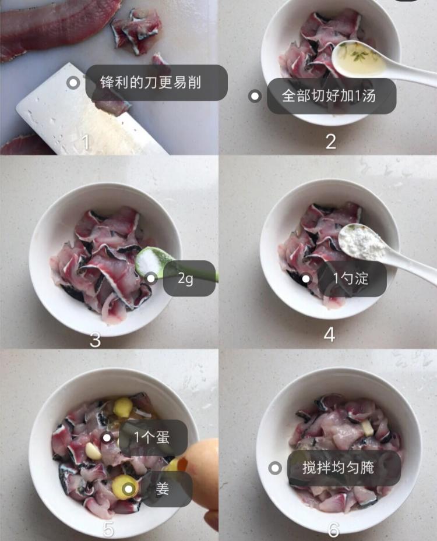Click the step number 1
point(86,142)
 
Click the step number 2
point(330,142)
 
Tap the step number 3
point(95,340)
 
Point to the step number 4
point(329,335)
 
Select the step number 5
point(108,529)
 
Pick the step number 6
point(333,529)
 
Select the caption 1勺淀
point(351,278)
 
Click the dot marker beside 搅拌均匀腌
point(276,468)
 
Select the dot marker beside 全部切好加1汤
point(255,96)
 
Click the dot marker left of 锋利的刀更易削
point(73,83)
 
